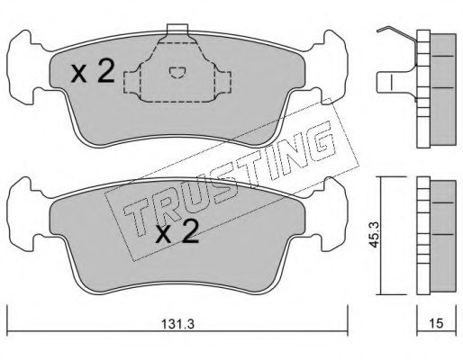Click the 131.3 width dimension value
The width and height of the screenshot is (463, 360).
177,324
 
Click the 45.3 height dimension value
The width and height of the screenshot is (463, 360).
374,235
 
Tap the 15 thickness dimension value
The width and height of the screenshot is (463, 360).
436,323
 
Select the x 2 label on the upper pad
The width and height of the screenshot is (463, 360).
93,71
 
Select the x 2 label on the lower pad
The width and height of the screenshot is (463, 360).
177,231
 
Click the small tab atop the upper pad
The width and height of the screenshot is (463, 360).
177,29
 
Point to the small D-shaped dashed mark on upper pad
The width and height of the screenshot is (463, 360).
177,73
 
